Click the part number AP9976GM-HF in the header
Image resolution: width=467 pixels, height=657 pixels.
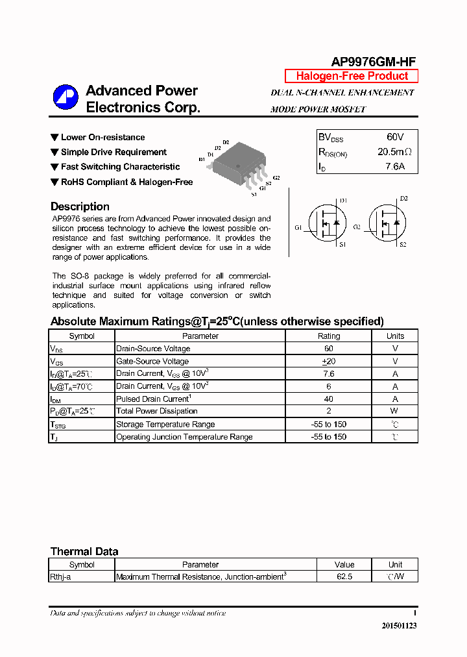click(x=374, y=62)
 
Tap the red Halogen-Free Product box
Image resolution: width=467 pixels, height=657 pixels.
click(x=352, y=76)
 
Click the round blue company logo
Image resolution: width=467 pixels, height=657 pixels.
click(x=66, y=97)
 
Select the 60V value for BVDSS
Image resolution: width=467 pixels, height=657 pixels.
click(x=395, y=137)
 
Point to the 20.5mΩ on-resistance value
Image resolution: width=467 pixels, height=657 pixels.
click(x=394, y=152)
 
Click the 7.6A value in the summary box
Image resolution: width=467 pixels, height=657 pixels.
click(x=395, y=167)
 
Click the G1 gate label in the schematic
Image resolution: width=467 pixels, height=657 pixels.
click(x=298, y=227)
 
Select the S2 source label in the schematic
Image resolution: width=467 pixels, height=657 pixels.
click(x=403, y=244)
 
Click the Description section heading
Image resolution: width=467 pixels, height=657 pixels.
click(x=80, y=206)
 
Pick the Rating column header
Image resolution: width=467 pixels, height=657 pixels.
click(x=329, y=336)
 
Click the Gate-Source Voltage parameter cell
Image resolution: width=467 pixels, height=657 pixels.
click(x=152, y=361)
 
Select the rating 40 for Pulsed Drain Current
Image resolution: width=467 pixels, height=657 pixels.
click(x=329, y=399)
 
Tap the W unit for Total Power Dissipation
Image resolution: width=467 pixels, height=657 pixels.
click(x=395, y=411)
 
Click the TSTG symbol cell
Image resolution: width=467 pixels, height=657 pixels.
click(x=58, y=425)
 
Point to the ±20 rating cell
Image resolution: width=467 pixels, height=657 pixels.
click(x=329, y=361)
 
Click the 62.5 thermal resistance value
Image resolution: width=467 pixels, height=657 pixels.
click(x=344, y=576)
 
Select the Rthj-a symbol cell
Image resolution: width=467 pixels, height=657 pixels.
click(x=60, y=576)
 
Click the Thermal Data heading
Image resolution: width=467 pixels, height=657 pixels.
click(x=84, y=551)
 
